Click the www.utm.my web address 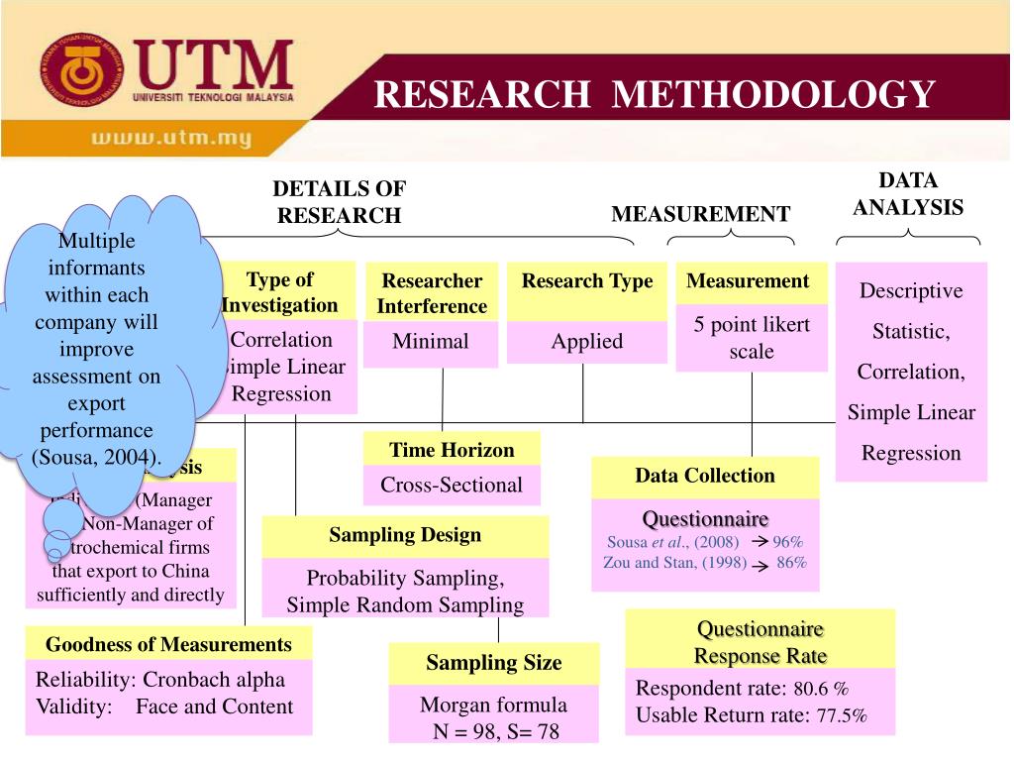point(170,138)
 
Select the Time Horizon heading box point(452,450)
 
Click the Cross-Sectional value point(452,485)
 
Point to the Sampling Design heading point(405,535)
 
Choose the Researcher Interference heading point(432,293)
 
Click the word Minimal point(431,342)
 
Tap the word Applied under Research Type point(587,342)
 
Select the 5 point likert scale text point(752,337)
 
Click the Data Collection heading point(705,476)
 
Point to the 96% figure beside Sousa point(788,542)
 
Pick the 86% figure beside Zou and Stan point(791,563)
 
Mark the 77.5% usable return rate point(842,716)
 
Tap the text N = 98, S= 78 point(493,730)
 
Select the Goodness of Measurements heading point(168,644)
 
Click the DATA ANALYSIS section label point(908,194)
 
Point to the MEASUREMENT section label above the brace point(700,214)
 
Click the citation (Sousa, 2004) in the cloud point(96,457)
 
